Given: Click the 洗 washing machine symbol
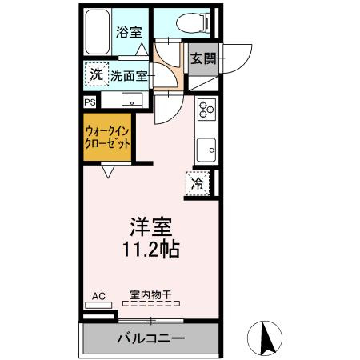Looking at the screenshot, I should pyautogui.click(x=96, y=74).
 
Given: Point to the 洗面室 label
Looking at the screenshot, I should pyautogui.click(x=128, y=76).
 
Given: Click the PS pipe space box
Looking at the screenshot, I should pyautogui.click(x=90, y=102).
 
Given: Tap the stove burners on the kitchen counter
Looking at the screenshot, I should pyautogui.click(x=205, y=109).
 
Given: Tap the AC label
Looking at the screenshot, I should pyautogui.click(x=98, y=296).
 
